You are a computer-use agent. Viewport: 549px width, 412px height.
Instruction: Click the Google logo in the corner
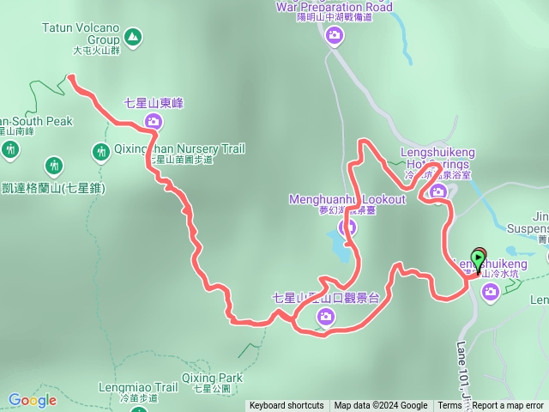coord(33,400)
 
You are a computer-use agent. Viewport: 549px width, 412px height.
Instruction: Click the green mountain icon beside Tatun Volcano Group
coord(132,37)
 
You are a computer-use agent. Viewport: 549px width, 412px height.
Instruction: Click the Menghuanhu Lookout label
coord(347,199)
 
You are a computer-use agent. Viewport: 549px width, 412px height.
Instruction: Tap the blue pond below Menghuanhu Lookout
coord(340,248)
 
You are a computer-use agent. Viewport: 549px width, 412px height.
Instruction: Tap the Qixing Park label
coord(218,378)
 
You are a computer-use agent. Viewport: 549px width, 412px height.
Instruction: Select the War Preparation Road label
coord(334,8)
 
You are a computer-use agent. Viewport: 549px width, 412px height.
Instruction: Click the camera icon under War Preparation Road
coord(335,36)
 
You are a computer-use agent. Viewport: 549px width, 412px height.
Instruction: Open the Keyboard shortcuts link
coord(287,406)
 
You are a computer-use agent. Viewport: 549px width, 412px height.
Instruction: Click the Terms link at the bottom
coord(449,406)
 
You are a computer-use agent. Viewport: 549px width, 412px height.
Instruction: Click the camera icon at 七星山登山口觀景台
coord(325,318)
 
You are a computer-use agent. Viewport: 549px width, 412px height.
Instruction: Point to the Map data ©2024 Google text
coord(381,406)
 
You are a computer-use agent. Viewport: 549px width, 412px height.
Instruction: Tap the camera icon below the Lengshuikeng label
coord(491,292)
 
